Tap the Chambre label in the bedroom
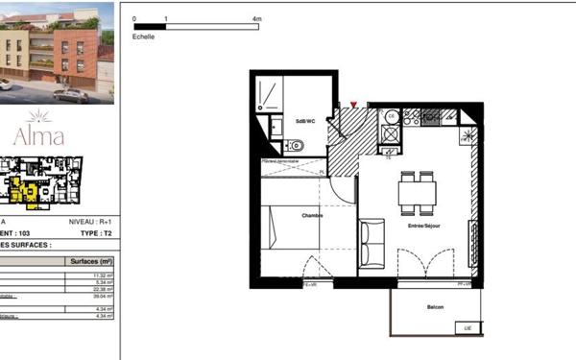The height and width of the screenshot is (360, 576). (x=312, y=215)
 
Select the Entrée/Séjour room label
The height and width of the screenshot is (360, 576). (x=423, y=226)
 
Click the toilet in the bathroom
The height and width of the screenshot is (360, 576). (x=295, y=146)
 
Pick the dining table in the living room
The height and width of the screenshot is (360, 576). (x=418, y=190)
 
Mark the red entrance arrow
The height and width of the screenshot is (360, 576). (x=354, y=103)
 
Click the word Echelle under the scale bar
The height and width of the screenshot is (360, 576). (x=144, y=35)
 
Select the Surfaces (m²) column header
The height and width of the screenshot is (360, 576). (x=92, y=261)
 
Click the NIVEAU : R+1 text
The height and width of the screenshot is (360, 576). (x=93, y=222)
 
